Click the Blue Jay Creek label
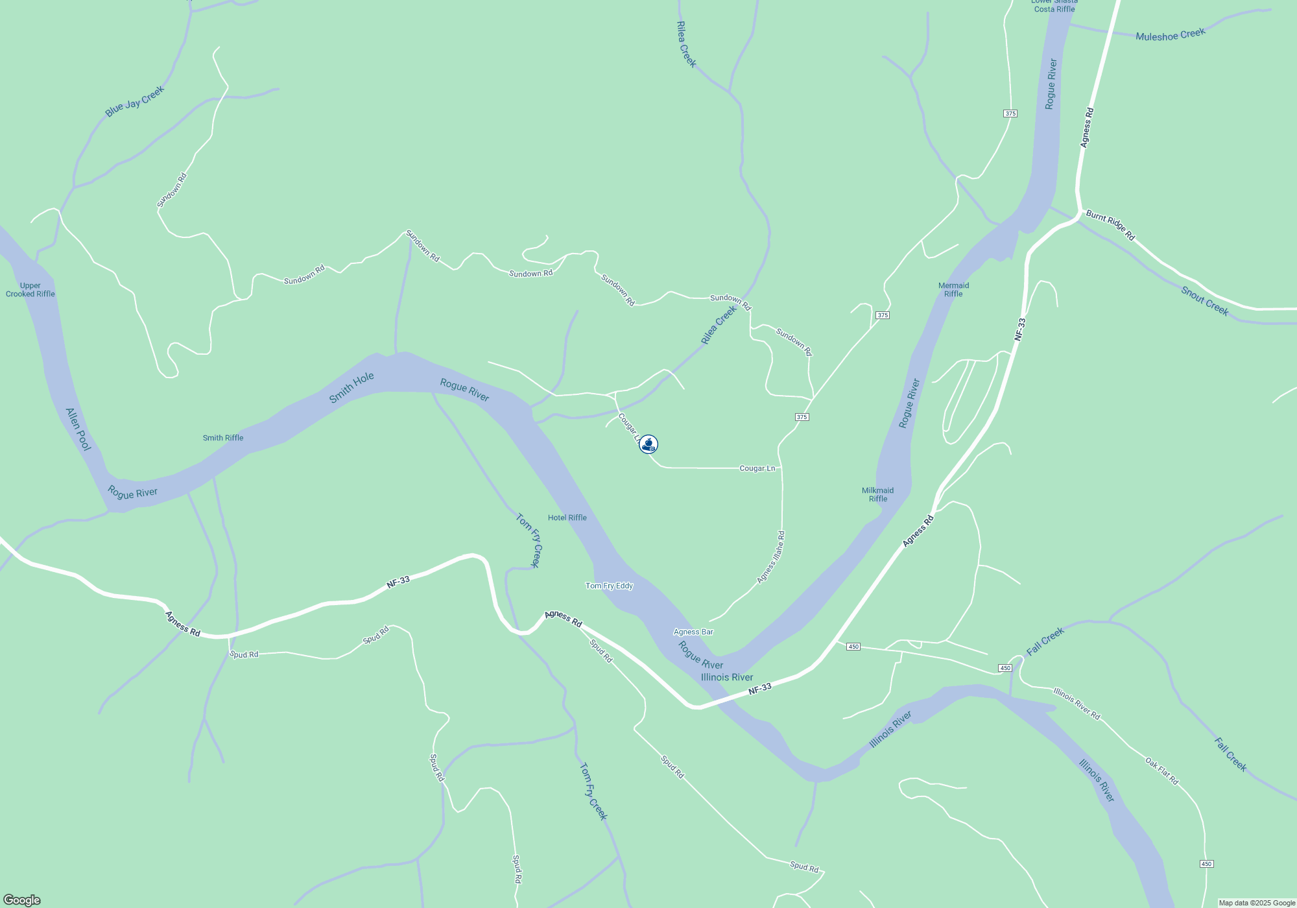point(135,102)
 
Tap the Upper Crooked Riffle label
point(30,290)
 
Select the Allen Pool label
point(78,429)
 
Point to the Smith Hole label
point(351,387)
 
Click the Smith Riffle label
point(223,438)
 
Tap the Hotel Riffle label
point(567,518)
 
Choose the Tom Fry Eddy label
point(609,586)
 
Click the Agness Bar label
point(693,632)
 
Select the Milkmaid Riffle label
point(878,495)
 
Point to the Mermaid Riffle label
point(953,290)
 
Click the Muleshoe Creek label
point(1171,35)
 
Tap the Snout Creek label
point(1205,301)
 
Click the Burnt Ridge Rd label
point(1111,225)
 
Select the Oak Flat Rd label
point(1161,771)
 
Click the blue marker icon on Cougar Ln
point(648,444)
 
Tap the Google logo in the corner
point(22,900)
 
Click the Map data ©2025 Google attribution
point(1257,903)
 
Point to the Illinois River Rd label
point(1077,704)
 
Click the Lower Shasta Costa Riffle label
point(1054,6)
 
